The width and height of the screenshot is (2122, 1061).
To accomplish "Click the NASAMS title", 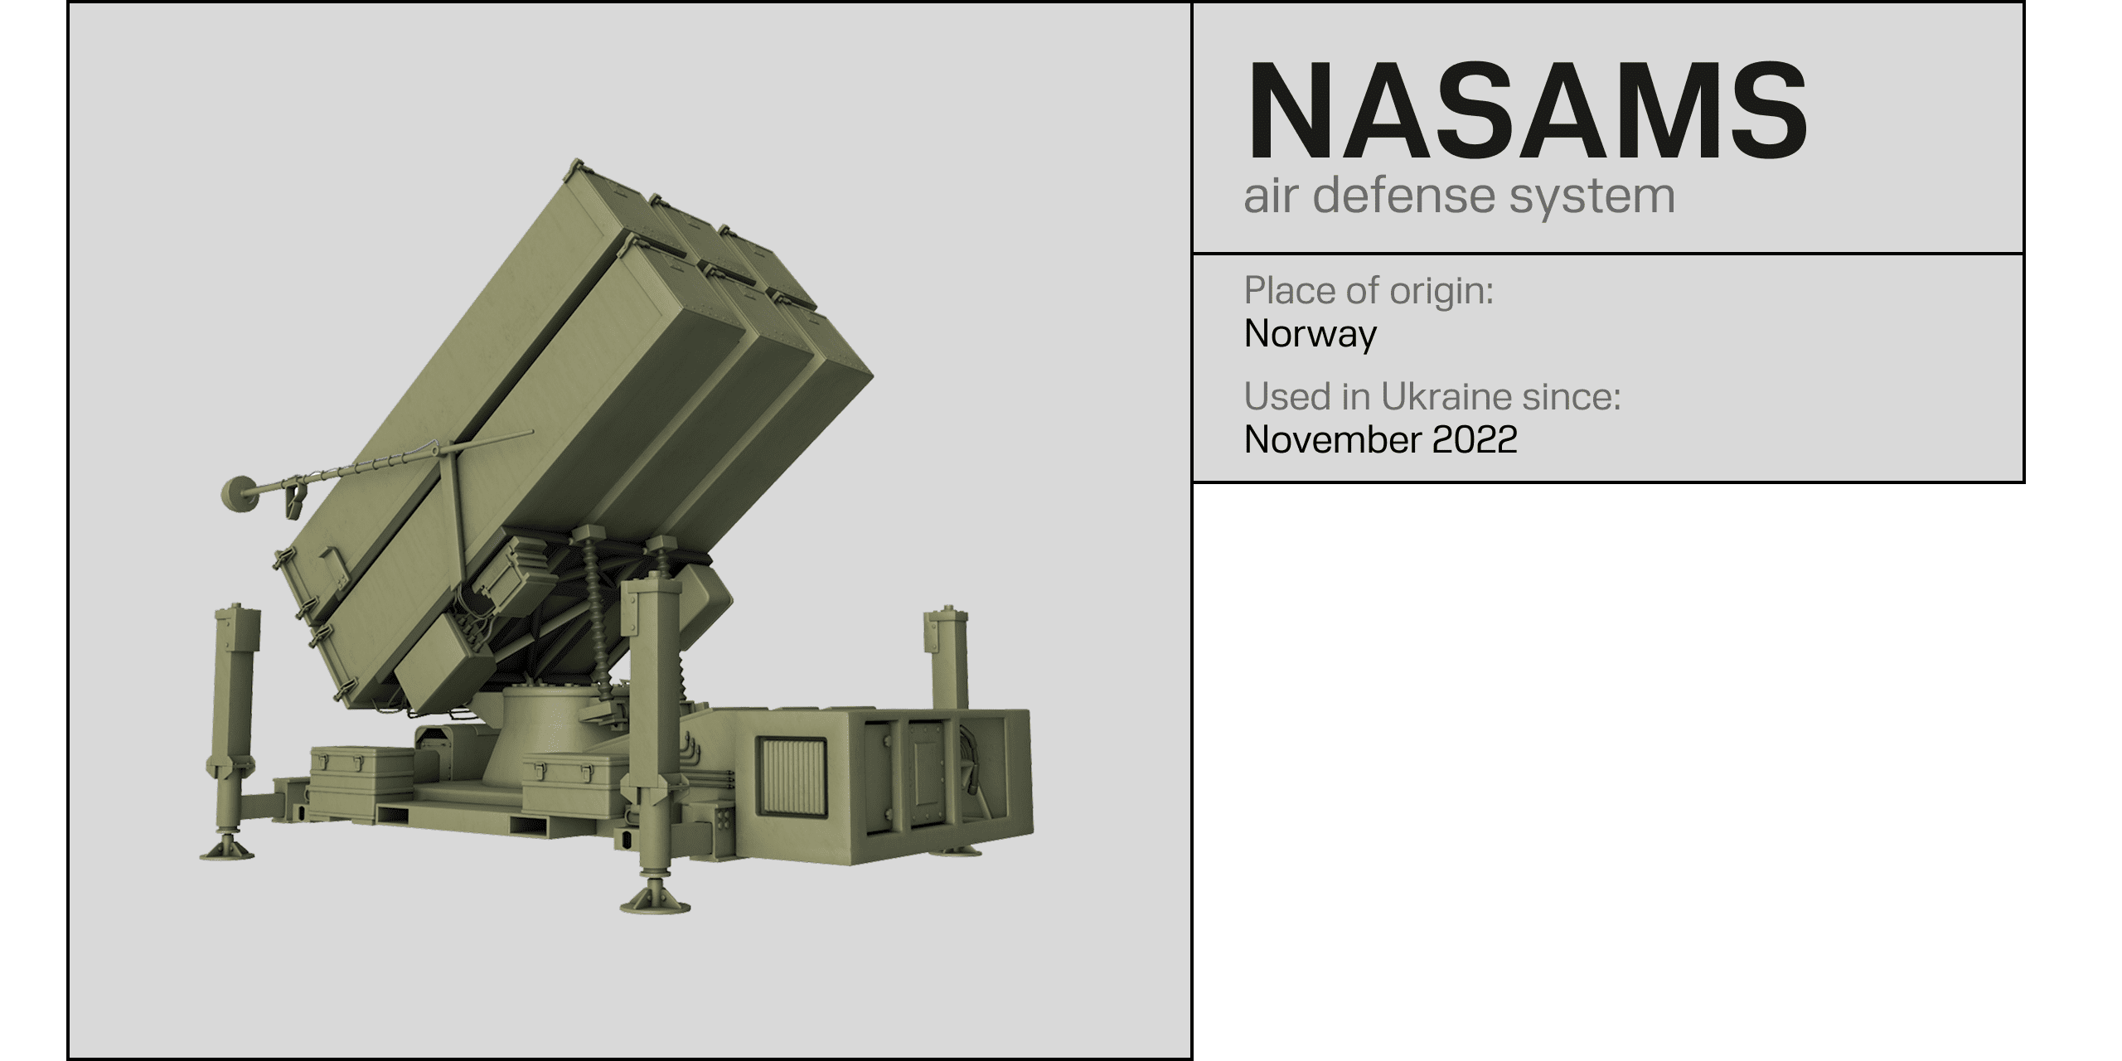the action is [x=1527, y=110].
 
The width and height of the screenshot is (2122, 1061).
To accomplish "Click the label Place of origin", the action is [x=1369, y=291].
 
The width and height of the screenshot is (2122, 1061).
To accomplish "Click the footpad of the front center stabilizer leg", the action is [x=656, y=899].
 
